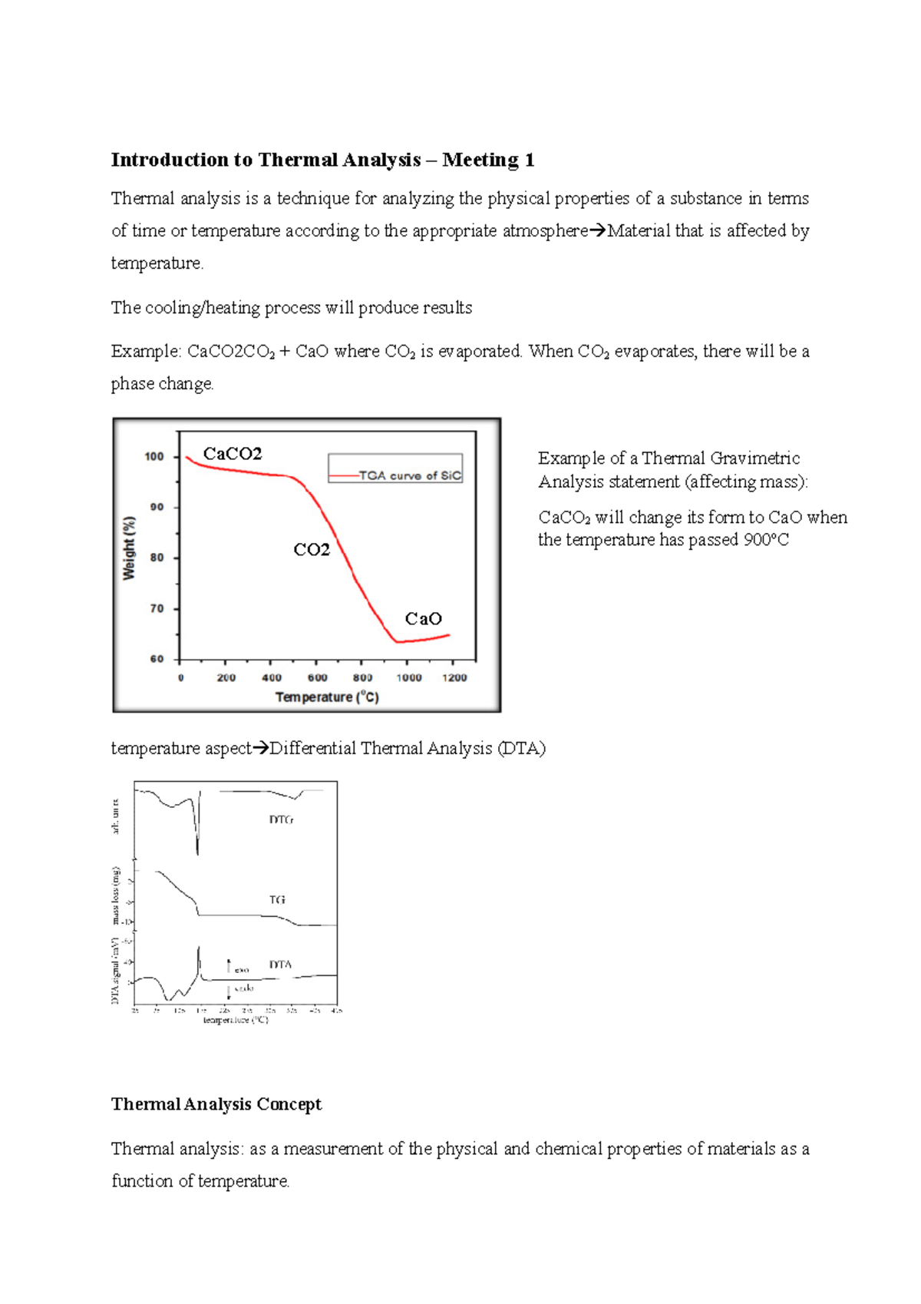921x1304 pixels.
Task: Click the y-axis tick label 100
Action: click(x=154, y=456)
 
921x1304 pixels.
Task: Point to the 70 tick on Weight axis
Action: click(x=157, y=608)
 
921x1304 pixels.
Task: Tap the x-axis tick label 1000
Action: click(x=409, y=677)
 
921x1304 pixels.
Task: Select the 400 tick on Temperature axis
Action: click(x=272, y=677)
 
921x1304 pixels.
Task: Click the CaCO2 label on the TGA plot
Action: click(x=233, y=454)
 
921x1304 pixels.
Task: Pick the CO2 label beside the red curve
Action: click(x=312, y=550)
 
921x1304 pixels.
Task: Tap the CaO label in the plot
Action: click(x=424, y=619)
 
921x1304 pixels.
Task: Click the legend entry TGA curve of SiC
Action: click(x=410, y=475)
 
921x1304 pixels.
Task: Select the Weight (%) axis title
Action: click(x=130, y=547)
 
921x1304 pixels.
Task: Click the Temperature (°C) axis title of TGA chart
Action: click(x=327, y=697)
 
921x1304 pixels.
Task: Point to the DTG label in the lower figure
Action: click(x=281, y=819)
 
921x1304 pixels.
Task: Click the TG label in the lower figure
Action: click(x=277, y=899)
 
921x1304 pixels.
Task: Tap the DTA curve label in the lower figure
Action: click(x=280, y=965)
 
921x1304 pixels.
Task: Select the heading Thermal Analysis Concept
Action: click(x=216, y=1104)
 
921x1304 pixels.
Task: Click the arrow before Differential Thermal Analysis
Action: click(x=261, y=748)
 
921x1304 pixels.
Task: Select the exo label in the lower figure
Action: click(x=242, y=970)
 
